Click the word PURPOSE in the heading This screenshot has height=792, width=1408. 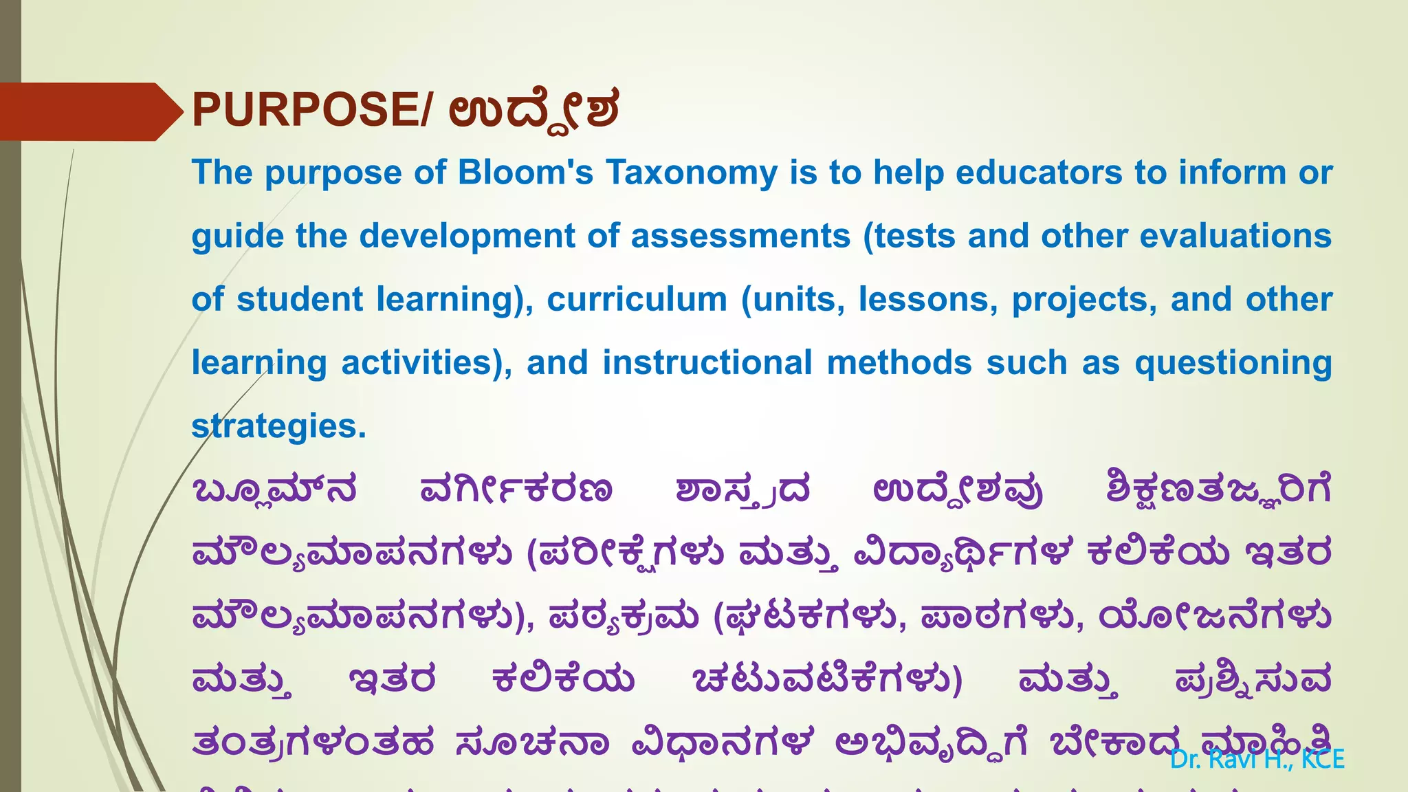(307, 110)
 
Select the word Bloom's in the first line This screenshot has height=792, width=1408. (525, 172)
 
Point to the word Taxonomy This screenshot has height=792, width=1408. (691, 173)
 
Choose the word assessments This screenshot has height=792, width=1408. (740, 236)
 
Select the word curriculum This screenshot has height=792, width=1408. (637, 300)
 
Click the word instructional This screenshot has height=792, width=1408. (707, 362)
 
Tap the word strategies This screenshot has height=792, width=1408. (278, 426)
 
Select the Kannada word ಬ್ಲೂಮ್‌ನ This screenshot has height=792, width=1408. (275, 490)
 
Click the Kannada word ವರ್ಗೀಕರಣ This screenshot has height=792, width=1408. (516, 490)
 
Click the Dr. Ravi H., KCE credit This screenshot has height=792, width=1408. (1257, 759)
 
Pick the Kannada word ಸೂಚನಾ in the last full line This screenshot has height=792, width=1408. (532, 743)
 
